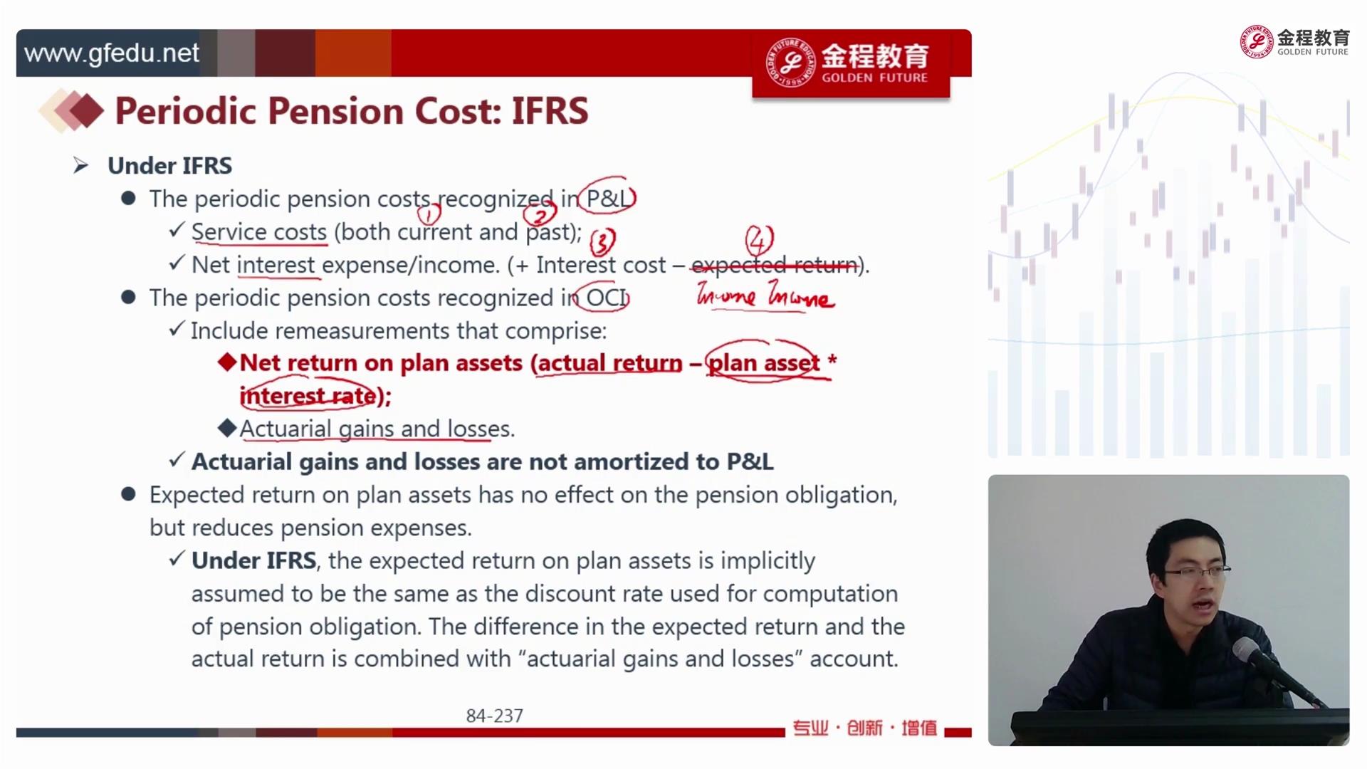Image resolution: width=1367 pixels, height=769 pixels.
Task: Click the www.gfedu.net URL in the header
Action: [112, 53]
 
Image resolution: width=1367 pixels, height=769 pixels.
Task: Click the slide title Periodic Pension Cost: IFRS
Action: [352, 111]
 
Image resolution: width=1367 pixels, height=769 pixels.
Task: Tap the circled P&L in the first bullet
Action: [607, 198]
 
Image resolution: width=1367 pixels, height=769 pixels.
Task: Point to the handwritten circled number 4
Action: [759, 240]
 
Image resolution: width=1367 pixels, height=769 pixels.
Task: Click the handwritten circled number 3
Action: [602, 242]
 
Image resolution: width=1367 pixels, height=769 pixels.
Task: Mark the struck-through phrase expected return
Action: [775, 265]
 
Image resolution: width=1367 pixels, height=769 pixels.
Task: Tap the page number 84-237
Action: [495, 716]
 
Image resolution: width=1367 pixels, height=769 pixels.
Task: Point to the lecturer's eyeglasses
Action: [1196, 571]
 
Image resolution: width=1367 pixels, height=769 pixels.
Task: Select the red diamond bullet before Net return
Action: [227, 362]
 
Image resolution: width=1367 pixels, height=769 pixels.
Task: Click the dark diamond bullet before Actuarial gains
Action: [227, 428]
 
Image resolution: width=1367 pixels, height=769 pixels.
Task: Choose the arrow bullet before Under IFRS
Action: [80, 166]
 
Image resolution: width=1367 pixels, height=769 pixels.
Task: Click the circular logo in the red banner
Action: [790, 63]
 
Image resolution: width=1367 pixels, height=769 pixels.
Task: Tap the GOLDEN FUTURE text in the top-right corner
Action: [1312, 52]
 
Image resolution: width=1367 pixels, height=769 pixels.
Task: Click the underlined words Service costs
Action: [259, 232]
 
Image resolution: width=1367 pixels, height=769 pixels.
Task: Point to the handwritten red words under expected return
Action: [765, 295]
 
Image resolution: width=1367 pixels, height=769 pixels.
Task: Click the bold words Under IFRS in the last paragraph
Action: [253, 560]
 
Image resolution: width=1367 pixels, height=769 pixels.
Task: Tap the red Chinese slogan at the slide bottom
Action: [864, 728]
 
